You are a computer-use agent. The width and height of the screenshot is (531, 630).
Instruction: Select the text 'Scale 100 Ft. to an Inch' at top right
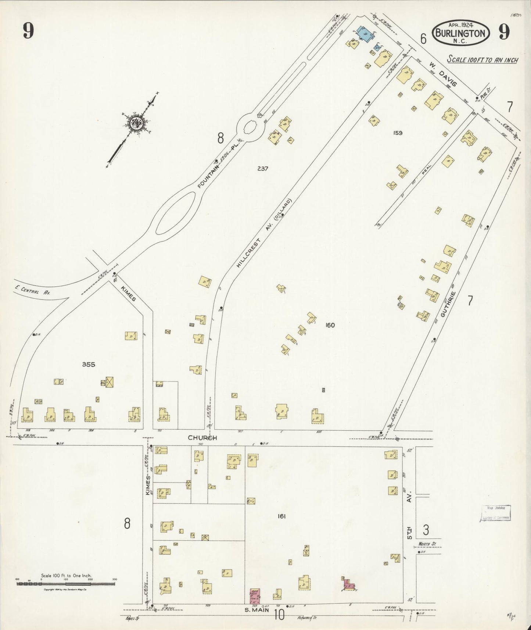pyautogui.click(x=482, y=60)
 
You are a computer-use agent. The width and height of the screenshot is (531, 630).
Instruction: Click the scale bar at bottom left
pyautogui.click(x=66, y=583)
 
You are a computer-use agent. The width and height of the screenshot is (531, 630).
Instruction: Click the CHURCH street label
pyautogui.click(x=202, y=438)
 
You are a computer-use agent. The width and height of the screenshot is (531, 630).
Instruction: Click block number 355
pyautogui.click(x=89, y=364)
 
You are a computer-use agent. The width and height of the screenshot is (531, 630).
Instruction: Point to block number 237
pyautogui.click(x=262, y=169)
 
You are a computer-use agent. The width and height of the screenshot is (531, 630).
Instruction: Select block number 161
pyautogui.click(x=281, y=516)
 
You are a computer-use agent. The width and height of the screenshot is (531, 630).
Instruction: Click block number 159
pyautogui.click(x=397, y=133)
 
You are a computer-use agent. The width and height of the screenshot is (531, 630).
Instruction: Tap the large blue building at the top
pyautogui.click(x=365, y=34)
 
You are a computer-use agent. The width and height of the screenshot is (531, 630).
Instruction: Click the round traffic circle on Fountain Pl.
pyautogui.click(x=250, y=128)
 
